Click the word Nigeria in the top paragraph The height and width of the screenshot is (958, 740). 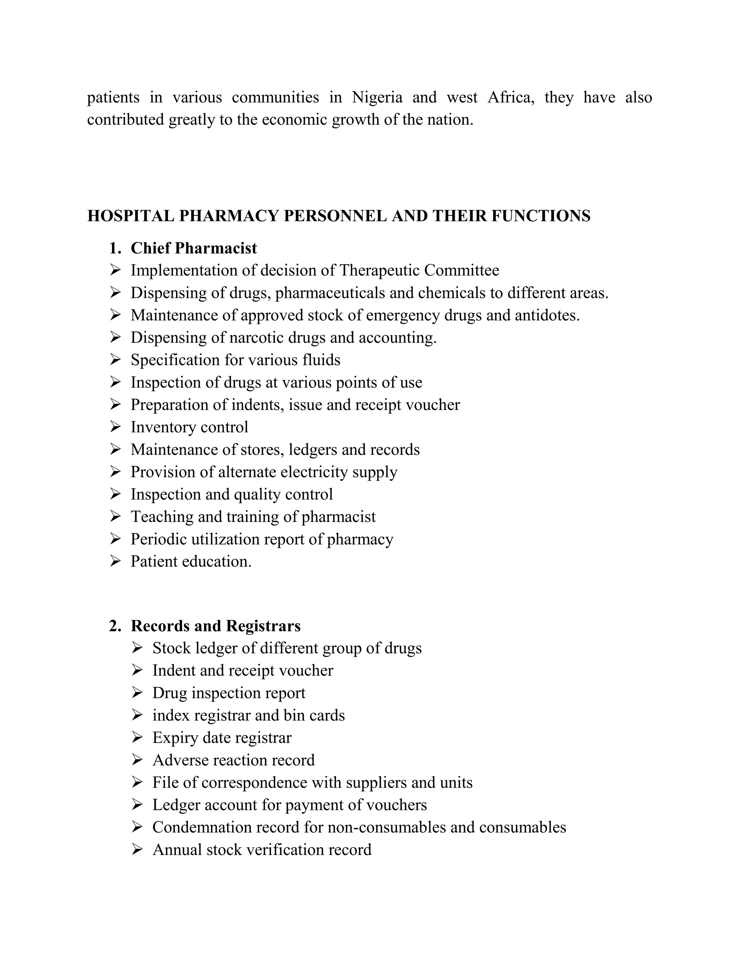point(377,97)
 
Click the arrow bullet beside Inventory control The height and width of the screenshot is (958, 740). point(115,427)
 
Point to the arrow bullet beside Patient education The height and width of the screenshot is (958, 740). point(115,561)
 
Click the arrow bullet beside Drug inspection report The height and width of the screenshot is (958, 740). point(137,693)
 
